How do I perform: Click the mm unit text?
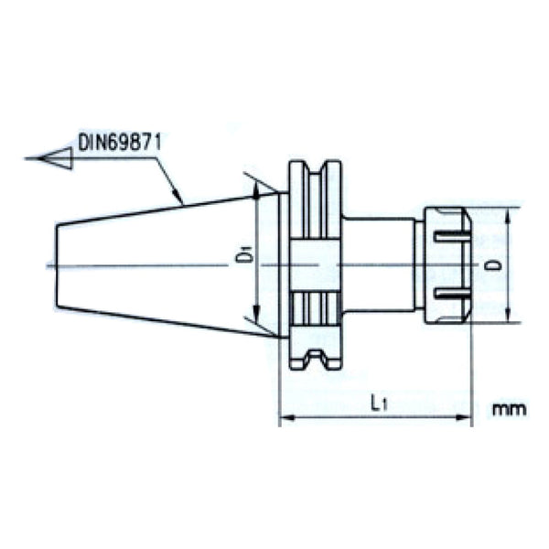509,409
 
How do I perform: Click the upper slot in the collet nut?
449,238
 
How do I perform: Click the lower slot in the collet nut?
449,294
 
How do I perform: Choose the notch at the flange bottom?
316,359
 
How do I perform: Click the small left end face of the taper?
58,265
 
